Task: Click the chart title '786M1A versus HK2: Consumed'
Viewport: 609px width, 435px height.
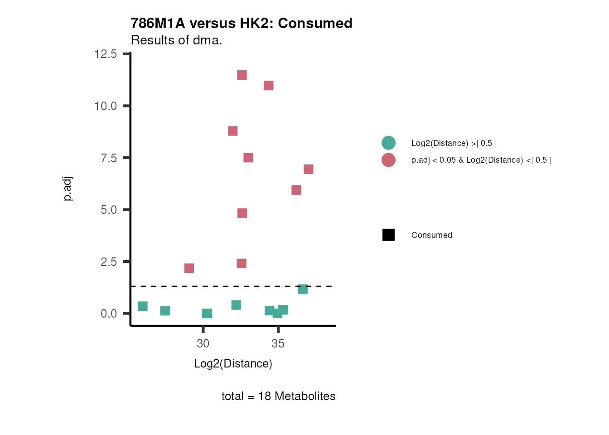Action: click(241, 24)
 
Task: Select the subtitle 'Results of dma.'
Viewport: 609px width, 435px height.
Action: click(176, 40)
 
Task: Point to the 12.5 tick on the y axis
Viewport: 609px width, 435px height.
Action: click(106, 54)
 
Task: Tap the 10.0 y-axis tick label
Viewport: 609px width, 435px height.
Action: click(106, 106)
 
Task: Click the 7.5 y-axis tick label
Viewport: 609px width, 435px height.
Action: click(109, 158)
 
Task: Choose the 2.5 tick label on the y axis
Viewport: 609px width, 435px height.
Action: click(109, 262)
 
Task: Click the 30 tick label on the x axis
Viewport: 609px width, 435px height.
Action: click(203, 344)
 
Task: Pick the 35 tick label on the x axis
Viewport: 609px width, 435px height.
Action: click(278, 344)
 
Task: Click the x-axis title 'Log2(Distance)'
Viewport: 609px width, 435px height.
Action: click(233, 364)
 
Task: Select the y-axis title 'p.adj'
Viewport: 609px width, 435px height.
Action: click(68, 189)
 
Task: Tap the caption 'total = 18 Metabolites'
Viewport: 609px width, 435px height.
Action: click(278, 396)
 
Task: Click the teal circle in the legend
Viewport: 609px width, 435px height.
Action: click(388, 143)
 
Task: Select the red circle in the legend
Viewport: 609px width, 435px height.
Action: click(388, 160)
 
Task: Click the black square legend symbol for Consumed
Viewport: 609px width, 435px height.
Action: click(388, 235)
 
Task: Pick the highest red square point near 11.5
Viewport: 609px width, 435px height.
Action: click(242, 75)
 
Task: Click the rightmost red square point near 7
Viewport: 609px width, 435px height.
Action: click(309, 169)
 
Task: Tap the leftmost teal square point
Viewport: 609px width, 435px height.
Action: click(143, 307)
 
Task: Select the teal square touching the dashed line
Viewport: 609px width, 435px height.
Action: click(303, 289)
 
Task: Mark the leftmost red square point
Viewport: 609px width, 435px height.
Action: click(189, 269)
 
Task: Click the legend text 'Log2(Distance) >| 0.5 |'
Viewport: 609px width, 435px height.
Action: click(454, 143)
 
